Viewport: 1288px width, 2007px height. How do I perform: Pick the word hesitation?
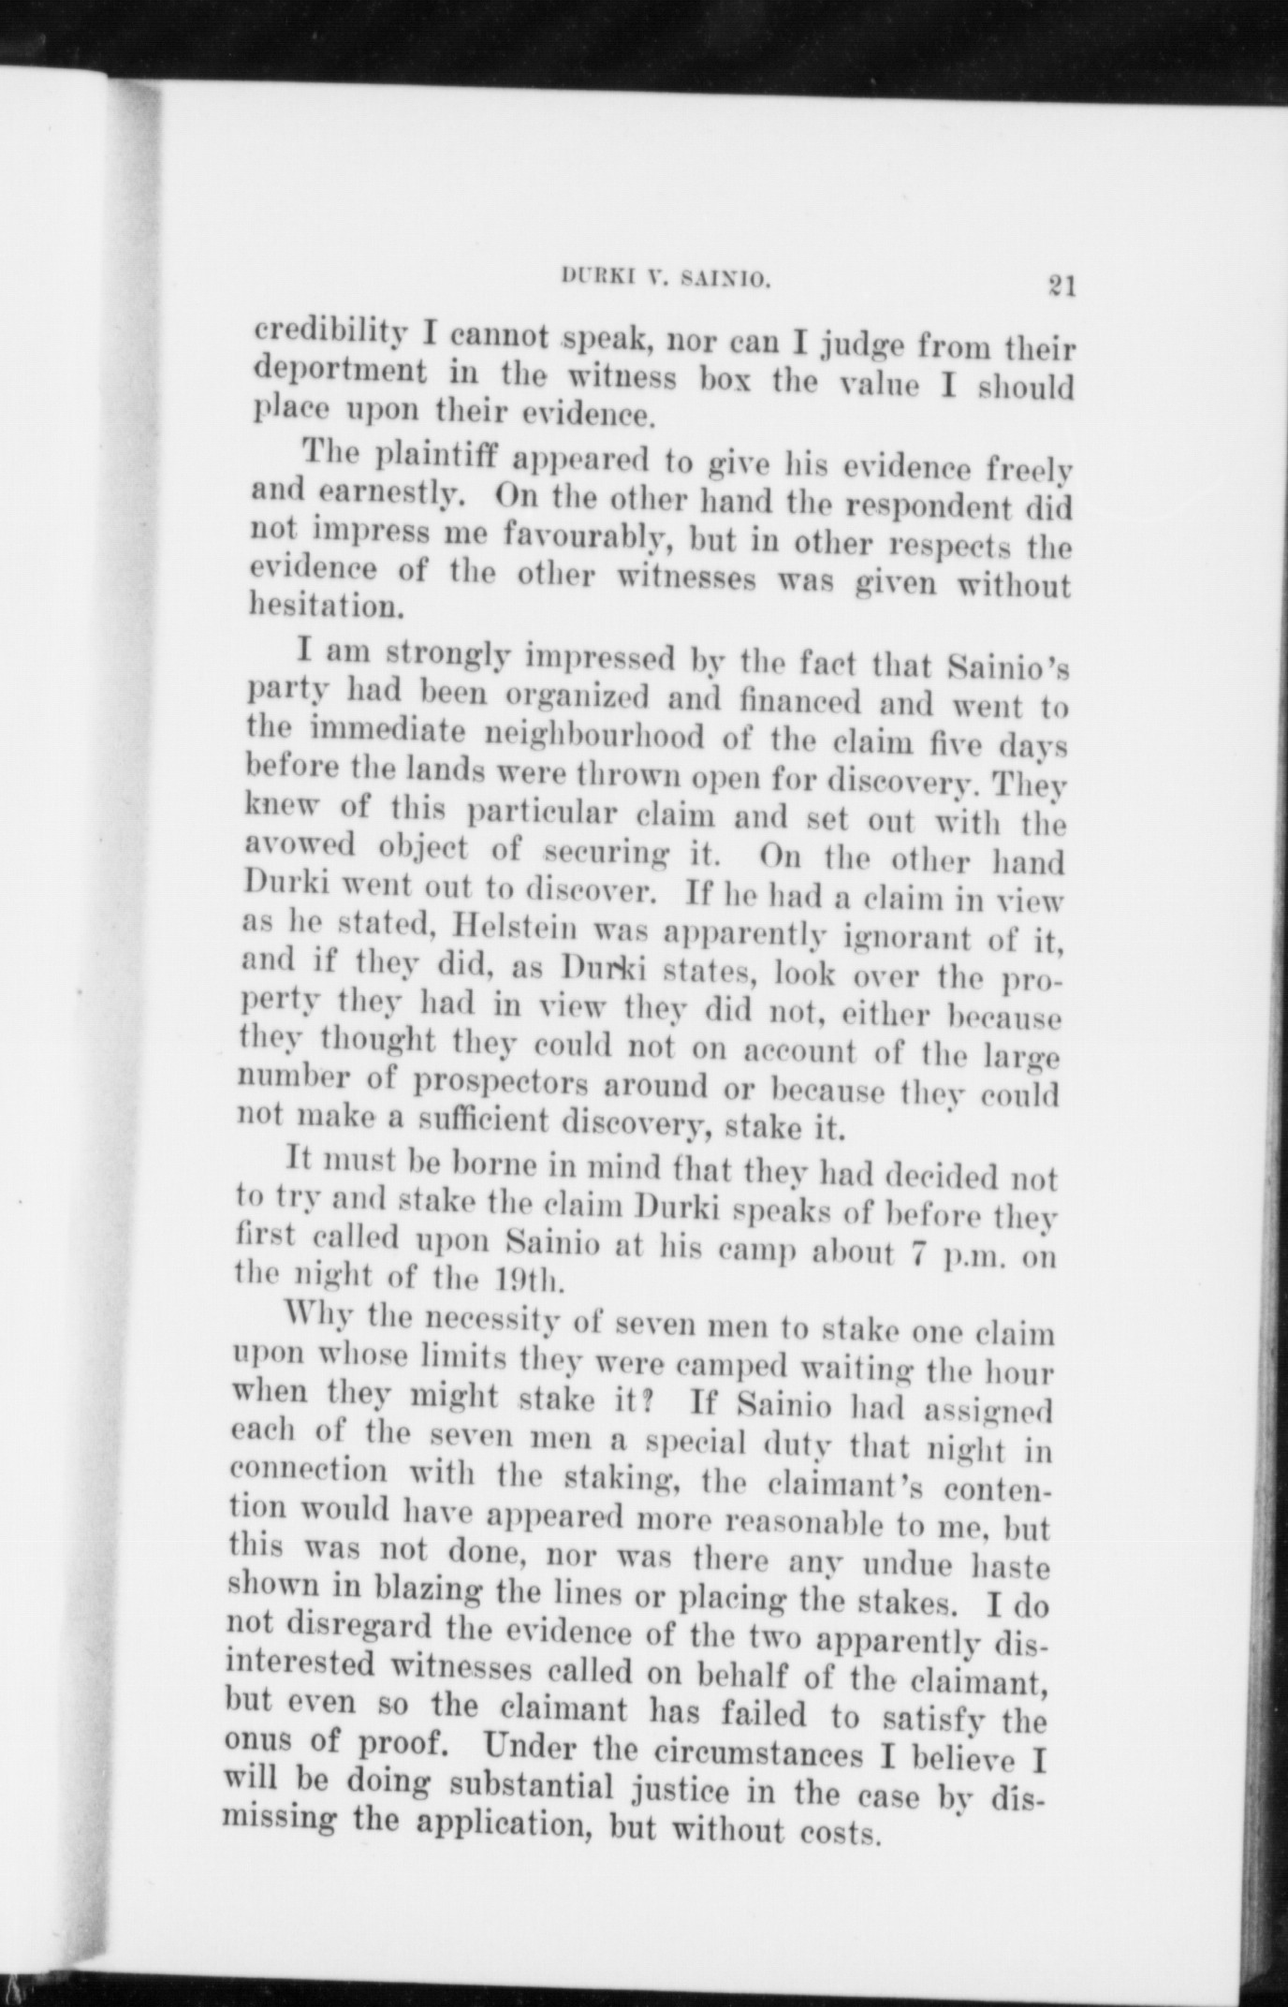[x=314, y=606]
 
